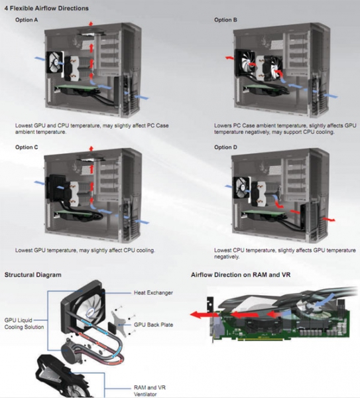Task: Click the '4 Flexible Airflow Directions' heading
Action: pyautogui.click(x=46, y=9)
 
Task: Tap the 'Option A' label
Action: pyautogui.click(x=27, y=20)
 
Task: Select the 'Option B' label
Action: pyautogui.click(x=225, y=20)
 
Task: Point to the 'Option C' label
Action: pyautogui.click(x=27, y=147)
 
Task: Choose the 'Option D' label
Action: pyautogui.click(x=225, y=147)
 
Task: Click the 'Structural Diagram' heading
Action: pyautogui.click(x=33, y=275)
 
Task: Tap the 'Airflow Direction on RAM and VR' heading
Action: pyautogui.click(x=241, y=275)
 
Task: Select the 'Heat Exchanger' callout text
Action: pyautogui.click(x=153, y=293)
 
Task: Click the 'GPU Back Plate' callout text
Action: pyautogui.click(x=153, y=324)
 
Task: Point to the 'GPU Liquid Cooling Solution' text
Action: pyautogui.click(x=24, y=324)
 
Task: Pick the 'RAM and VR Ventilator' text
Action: pyautogui.click(x=150, y=391)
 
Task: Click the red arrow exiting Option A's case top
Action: pyautogui.click(x=91, y=24)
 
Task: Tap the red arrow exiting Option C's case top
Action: pyautogui.click(x=91, y=149)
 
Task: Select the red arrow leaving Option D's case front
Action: pyautogui.click(x=329, y=219)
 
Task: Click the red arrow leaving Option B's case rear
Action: pyautogui.click(x=229, y=58)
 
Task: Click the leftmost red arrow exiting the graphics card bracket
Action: pyautogui.click(x=204, y=315)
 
